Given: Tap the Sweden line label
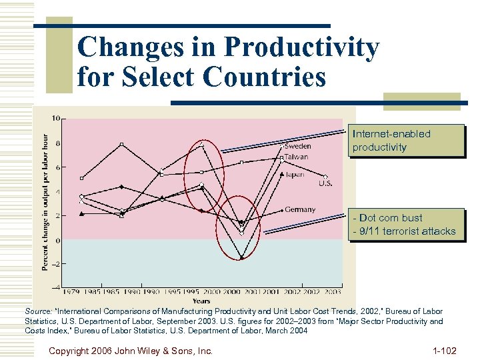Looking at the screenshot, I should (297, 146).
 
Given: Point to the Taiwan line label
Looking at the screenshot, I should (297, 157).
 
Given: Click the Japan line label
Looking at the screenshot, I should (294, 174).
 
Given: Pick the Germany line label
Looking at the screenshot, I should (299, 209).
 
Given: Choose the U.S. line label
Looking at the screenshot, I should (325, 183).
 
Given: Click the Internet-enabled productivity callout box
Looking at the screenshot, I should (405, 141).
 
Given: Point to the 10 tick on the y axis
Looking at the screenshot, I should (56, 119).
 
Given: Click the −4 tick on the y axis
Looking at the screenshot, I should (55, 287).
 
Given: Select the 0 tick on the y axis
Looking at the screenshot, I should (57, 240).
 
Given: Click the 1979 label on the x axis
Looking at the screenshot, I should (72, 291).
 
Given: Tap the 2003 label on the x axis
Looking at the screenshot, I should (332, 291).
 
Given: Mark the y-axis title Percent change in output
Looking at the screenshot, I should (45, 200).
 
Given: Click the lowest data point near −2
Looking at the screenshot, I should (242, 258).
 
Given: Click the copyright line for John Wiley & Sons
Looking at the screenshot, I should (131, 349).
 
